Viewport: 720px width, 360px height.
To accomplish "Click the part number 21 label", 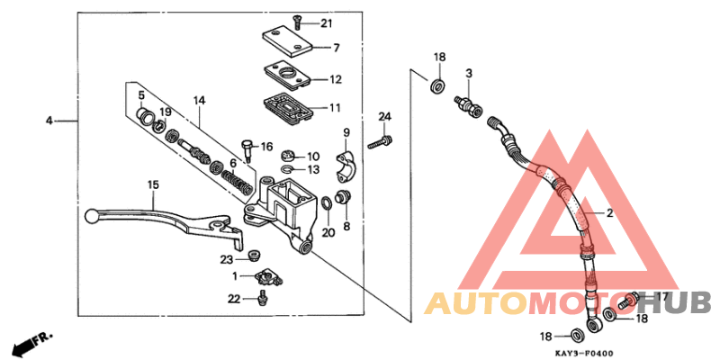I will (x=326, y=23).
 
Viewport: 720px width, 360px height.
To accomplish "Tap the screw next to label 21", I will (x=298, y=22).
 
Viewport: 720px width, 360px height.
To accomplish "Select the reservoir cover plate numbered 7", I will (x=285, y=44).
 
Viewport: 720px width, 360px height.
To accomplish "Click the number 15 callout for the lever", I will (x=153, y=184).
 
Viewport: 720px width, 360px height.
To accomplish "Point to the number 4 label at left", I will (x=50, y=120).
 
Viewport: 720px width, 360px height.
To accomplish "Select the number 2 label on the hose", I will (x=609, y=213).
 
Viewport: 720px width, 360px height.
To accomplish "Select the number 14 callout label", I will (x=199, y=100).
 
